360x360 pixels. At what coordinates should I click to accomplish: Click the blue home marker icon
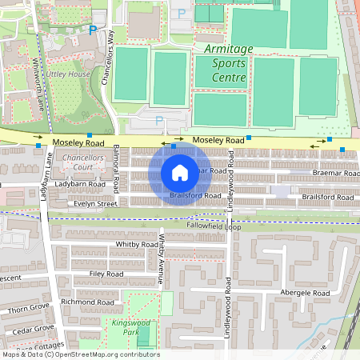(180, 173)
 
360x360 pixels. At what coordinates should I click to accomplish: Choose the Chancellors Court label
(83, 162)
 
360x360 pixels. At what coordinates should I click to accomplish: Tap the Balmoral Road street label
(117, 169)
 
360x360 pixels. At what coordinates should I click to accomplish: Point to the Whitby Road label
(137, 244)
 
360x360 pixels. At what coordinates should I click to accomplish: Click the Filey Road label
(106, 274)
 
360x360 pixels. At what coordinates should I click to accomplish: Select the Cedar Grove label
(31, 329)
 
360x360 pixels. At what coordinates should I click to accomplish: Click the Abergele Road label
(305, 294)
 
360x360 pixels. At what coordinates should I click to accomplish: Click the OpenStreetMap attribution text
(80, 354)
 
